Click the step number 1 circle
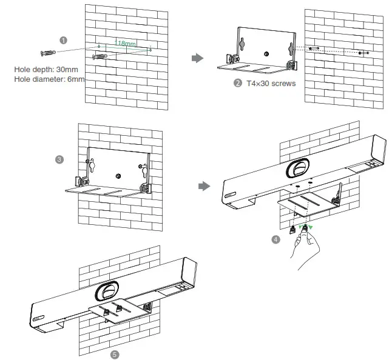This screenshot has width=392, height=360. pos(63,40)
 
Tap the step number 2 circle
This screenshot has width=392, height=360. pos(238,83)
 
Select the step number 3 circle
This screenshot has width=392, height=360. pos(59,160)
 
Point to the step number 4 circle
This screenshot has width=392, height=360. pos(276,239)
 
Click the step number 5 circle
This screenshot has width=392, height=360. pos(115,352)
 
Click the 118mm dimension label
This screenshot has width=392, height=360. pos(126,44)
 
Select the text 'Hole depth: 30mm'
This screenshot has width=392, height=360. pos(45,69)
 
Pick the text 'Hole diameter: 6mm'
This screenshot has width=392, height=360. pos(49,79)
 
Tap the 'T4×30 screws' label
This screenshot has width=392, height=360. pos(271,83)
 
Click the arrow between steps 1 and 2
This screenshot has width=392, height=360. pos(197,58)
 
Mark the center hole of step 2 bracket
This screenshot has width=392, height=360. pos(266,54)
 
